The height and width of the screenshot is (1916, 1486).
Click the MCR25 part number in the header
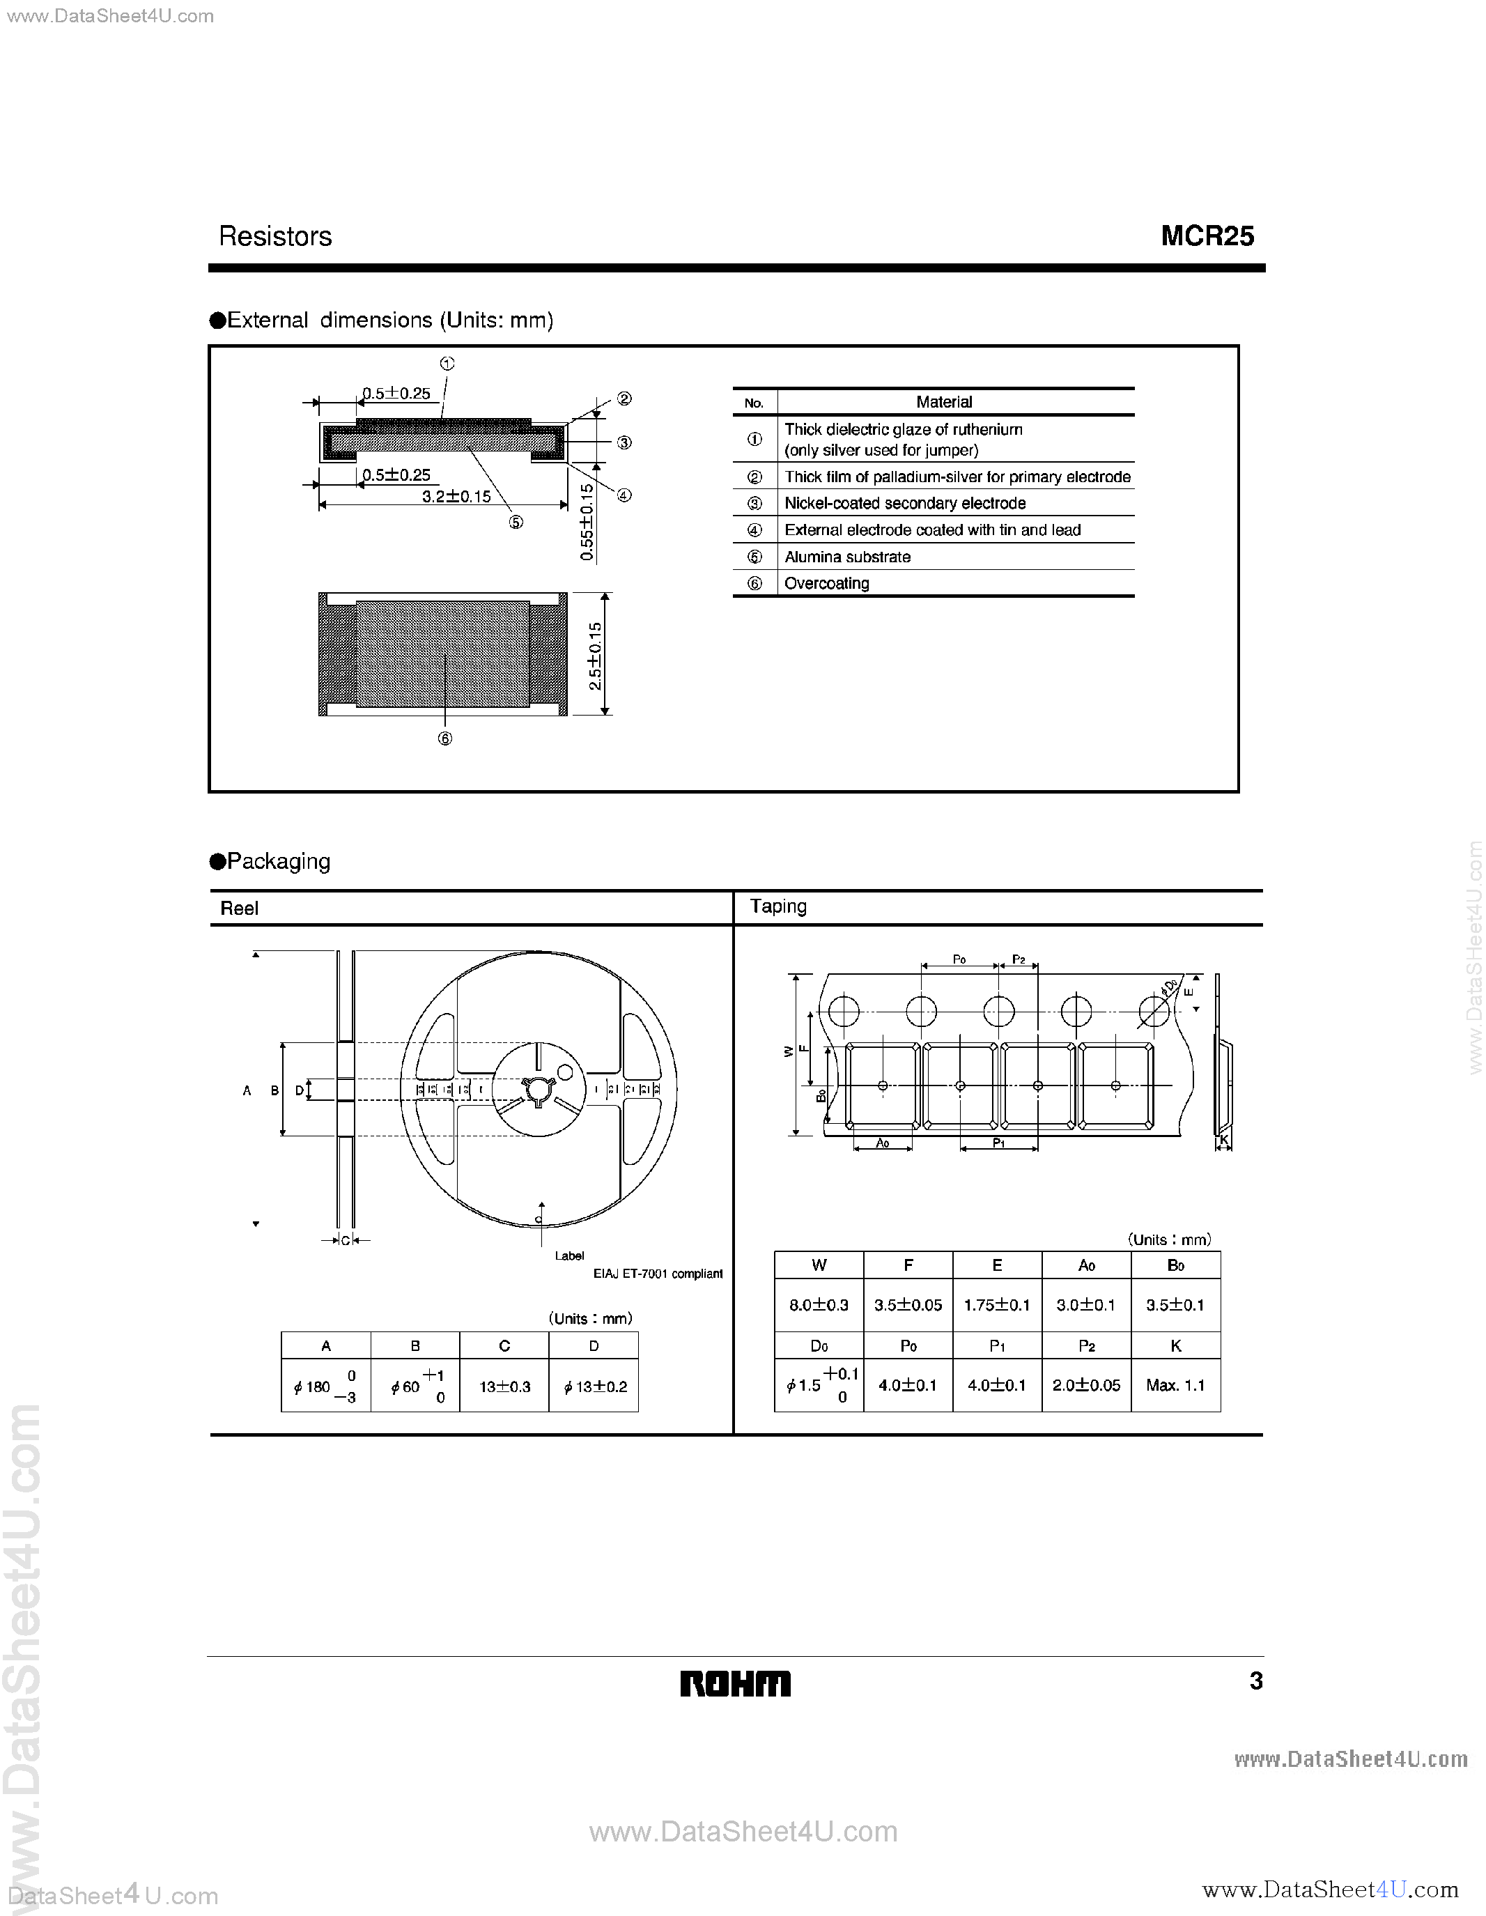click(x=1207, y=236)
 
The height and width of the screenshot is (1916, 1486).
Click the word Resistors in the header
click(x=274, y=236)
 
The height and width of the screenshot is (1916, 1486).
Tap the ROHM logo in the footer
click(x=735, y=1683)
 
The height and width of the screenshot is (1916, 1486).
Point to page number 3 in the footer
click(x=1255, y=1680)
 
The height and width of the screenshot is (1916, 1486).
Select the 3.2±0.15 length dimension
click(x=456, y=497)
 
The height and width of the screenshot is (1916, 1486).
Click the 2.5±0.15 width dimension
click(x=596, y=656)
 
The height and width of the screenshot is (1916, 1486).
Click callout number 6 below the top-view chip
click(x=444, y=739)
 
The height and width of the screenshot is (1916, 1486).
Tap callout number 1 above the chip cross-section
click(x=447, y=363)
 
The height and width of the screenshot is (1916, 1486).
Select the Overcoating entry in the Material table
click(x=826, y=583)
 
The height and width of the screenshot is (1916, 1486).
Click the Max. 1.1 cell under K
click(x=1175, y=1385)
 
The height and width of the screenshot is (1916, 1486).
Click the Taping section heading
click(x=778, y=906)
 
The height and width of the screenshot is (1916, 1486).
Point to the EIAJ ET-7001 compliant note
click(x=658, y=1274)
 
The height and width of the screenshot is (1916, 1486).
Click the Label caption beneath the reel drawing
click(x=569, y=1256)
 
